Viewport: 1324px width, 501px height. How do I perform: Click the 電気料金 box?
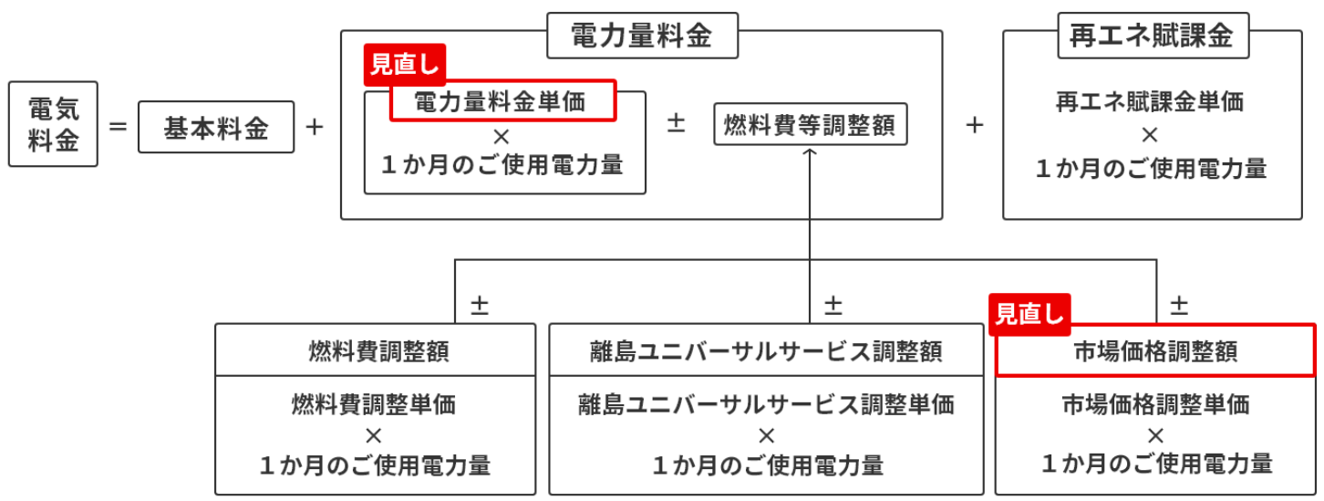tap(53, 124)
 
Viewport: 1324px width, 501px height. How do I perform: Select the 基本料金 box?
tap(216, 127)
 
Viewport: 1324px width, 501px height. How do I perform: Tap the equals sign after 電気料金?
tap(119, 127)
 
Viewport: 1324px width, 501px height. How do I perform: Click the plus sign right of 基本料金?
tap(315, 127)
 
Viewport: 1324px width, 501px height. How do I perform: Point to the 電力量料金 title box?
tap(643, 36)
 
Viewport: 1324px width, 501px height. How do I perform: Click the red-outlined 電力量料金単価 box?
tap(503, 100)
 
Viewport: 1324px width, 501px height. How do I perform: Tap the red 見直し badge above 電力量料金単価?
tap(405, 64)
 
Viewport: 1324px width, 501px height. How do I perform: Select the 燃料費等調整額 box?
tap(811, 124)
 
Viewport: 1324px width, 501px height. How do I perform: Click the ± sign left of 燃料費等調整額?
tap(677, 123)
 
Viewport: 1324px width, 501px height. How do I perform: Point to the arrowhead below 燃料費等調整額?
tap(809, 152)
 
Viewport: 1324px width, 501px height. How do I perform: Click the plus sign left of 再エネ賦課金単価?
tap(975, 125)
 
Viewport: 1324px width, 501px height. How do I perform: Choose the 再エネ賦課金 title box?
tap(1153, 36)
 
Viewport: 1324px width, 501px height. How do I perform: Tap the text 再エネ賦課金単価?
tap(1150, 101)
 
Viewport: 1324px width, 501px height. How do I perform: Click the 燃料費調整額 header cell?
tap(376, 350)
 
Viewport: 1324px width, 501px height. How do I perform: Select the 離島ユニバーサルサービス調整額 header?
tap(766, 350)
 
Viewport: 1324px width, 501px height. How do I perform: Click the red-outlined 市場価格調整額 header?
tap(1155, 350)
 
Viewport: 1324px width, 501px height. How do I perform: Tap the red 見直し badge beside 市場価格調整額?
tap(1029, 314)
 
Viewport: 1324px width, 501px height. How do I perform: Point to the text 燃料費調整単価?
tap(374, 404)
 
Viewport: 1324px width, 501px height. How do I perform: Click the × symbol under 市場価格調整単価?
tap(1155, 436)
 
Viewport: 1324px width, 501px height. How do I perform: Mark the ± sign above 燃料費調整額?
tap(480, 305)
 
